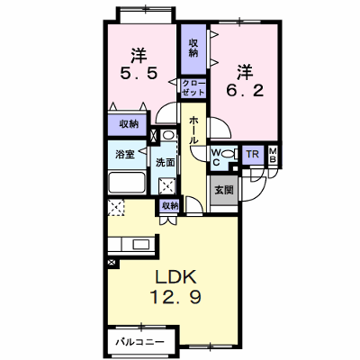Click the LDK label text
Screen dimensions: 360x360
(x=175, y=277)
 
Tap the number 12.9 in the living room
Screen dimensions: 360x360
(x=175, y=297)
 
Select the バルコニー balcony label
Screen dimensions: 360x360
(x=140, y=342)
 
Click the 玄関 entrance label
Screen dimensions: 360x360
(x=224, y=190)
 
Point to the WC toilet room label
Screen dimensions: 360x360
(x=217, y=157)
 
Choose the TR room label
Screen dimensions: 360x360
(x=252, y=155)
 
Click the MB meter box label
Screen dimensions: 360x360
(x=273, y=156)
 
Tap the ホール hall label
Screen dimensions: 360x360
(x=193, y=130)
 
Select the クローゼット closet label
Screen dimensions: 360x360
(x=193, y=87)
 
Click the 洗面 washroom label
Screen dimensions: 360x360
(x=165, y=162)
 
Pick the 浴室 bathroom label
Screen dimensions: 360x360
(x=125, y=155)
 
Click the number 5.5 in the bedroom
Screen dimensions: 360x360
(x=139, y=73)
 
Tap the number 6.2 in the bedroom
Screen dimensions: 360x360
(x=245, y=90)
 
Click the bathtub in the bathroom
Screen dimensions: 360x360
(x=127, y=183)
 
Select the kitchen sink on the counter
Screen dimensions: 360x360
(x=141, y=245)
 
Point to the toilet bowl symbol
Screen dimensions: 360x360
(x=229, y=154)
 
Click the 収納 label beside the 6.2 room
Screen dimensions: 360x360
(x=193, y=49)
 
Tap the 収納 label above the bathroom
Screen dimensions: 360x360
(x=129, y=124)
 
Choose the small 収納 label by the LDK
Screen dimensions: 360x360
(x=170, y=206)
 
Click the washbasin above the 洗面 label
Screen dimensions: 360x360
(x=168, y=135)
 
